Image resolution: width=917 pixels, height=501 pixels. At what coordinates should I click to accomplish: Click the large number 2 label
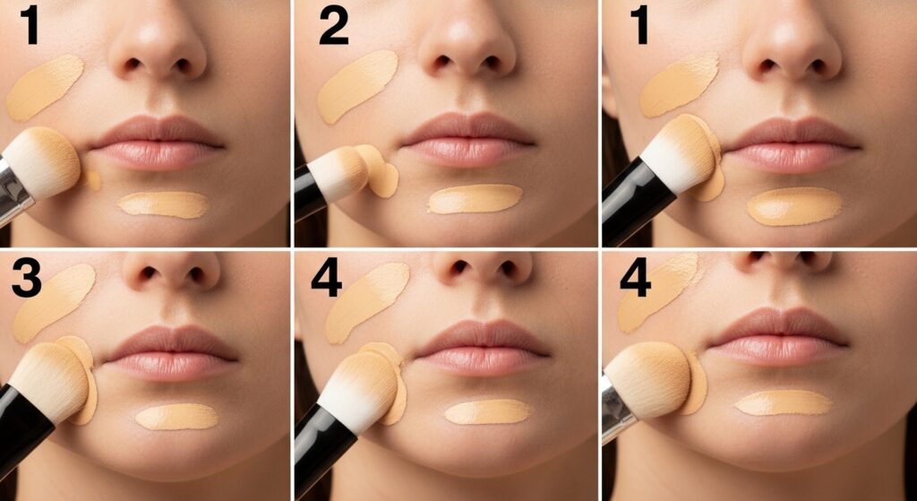click(x=334, y=27)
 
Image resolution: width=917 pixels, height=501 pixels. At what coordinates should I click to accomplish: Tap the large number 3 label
click(x=26, y=281)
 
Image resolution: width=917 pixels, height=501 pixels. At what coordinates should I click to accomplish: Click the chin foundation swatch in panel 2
click(x=475, y=199)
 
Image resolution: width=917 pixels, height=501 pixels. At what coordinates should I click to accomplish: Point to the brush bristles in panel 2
click(x=339, y=173)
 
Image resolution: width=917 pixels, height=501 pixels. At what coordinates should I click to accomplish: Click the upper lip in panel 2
click(x=467, y=129)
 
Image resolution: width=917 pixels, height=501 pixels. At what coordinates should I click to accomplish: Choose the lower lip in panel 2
click(x=467, y=152)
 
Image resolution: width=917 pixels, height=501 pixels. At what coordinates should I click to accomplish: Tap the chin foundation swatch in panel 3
click(x=176, y=416)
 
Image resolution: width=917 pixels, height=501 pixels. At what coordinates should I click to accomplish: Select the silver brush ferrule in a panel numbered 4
click(x=616, y=408)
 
